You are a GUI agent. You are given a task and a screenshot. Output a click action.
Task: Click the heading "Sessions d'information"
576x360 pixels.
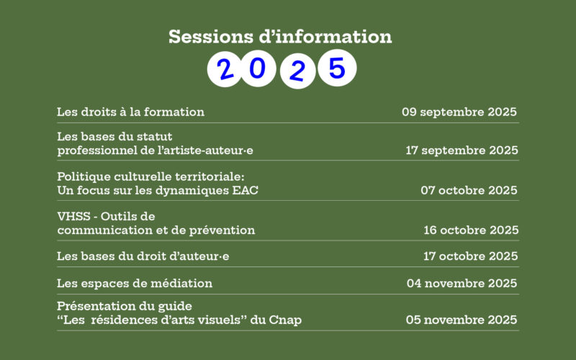pos(280,37)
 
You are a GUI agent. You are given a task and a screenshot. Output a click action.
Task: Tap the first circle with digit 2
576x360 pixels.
pos(225,69)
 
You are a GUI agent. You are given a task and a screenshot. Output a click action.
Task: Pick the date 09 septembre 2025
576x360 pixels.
pos(459,112)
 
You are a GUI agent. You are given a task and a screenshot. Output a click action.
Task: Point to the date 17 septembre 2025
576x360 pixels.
pos(462,150)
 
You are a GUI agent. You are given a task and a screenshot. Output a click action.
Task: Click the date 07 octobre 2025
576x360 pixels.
pos(469,190)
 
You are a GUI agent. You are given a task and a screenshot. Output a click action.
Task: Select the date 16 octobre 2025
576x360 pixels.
pos(471,230)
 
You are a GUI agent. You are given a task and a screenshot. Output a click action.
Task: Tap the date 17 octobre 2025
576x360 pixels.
pos(471,256)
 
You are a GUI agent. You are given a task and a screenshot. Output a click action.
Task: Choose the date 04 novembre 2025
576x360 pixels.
pos(462,284)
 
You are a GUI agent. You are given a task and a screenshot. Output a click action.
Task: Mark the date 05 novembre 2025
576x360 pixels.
pos(462,320)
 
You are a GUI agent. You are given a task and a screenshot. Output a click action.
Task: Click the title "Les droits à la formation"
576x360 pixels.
pos(130,112)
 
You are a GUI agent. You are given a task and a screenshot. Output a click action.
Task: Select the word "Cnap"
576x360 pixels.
pos(284,320)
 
